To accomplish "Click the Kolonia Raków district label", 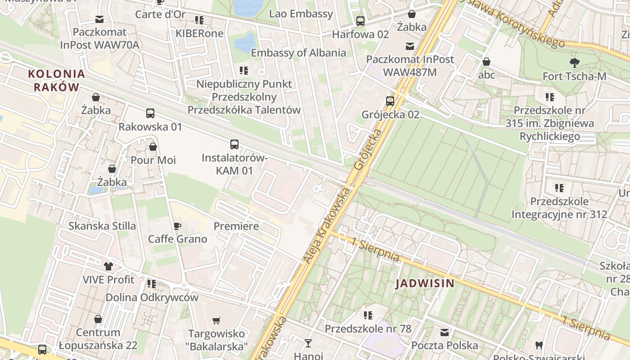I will [x=56, y=81].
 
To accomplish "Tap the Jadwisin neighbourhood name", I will [x=425, y=283].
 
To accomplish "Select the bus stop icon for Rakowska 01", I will [x=150, y=113].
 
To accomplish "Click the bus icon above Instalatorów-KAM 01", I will [x=234, y=144].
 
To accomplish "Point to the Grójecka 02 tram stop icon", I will [x=390, y=101].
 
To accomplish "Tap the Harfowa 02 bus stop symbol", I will [x=360, y=21].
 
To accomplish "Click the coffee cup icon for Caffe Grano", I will [x=177, y=226].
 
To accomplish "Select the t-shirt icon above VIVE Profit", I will [x=108, y=266].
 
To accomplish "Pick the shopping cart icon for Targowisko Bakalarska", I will [x=216, y=321].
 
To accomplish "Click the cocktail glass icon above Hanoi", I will [x=308, y=343].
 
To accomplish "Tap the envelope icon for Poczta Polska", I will [x=445, y=333].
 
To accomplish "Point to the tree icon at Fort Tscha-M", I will [x=574, y=63].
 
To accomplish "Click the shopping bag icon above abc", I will [x=486, y=62].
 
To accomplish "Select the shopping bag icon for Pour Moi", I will [x=153, y=147].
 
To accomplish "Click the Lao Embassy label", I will [x=301, y=14].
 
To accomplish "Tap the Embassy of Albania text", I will [x=298, y=53].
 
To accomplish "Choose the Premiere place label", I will [x=236, y=226].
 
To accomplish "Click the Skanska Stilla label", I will [x=102, y=226].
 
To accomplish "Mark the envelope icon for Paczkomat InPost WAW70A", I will [x=99, y=19].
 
